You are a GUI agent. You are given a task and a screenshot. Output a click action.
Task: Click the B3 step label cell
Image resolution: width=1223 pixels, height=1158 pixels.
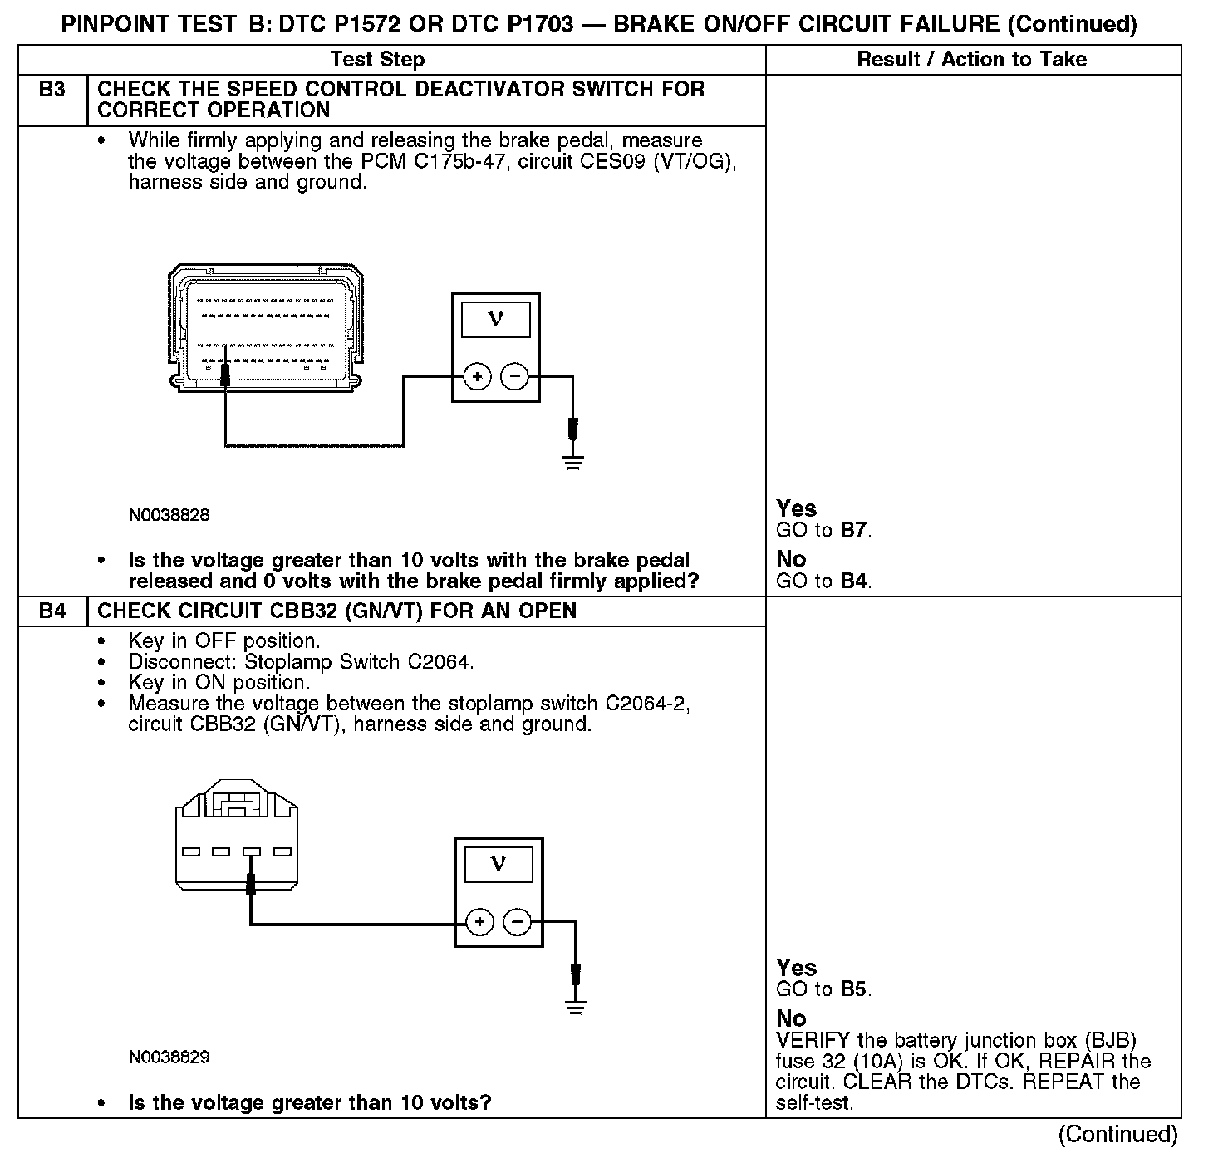(52, 90)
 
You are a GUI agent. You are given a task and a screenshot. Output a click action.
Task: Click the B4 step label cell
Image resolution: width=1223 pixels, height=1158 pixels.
(52, 611)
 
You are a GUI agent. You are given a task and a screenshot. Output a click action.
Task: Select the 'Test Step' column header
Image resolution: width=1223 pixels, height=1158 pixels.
(377, 60)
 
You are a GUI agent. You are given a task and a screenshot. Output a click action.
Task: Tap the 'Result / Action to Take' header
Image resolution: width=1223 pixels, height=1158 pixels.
(971, 60)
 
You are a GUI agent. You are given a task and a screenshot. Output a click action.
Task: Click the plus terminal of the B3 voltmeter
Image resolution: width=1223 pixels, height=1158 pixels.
(477, 377)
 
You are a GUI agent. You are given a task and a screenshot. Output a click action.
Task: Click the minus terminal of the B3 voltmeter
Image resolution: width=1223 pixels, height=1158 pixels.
(515, 377)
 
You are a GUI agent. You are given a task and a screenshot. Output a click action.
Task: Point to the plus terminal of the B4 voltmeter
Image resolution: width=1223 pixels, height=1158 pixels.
(479, 922)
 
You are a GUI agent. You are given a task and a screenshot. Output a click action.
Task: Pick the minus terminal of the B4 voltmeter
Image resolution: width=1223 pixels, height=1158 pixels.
(518, 922)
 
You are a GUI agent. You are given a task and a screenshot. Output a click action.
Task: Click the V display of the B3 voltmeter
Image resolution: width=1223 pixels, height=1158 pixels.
(495, 319)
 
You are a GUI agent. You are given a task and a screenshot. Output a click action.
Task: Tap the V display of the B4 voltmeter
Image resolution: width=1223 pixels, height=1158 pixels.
(498, 864)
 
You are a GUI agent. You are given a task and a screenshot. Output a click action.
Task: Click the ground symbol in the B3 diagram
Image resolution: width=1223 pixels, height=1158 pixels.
(572, 461)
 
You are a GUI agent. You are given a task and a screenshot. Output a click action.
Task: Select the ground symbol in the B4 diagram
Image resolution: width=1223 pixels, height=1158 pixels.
(575, 1006)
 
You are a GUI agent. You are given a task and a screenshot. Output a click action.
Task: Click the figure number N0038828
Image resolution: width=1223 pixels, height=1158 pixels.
(169, 515)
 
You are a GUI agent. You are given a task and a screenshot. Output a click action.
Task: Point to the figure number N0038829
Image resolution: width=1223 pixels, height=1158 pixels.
(169, 1057)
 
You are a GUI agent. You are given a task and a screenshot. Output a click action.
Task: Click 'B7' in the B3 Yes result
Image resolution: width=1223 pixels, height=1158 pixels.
(855, 531)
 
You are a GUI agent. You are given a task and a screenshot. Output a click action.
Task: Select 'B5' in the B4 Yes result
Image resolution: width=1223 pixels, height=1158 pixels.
(855, 989)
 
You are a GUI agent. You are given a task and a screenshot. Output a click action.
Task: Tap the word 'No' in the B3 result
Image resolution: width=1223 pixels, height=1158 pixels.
(791, 559)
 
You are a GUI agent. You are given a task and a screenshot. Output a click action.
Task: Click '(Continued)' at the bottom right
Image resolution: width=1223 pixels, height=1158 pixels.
(1117, 1135)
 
